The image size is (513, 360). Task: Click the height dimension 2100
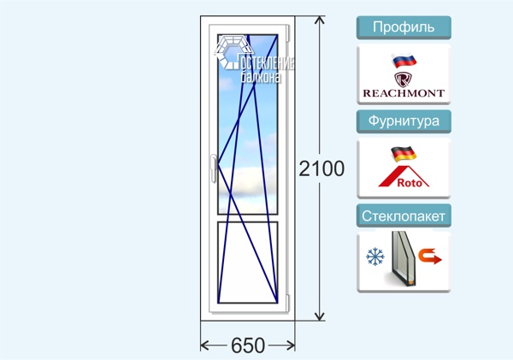[321, 168]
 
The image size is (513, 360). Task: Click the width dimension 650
[248, 345]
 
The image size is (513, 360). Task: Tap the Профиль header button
[404, 27]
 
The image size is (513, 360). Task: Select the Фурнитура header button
[404, 121]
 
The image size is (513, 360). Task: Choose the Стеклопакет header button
[404, 215]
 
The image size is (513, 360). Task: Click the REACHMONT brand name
[404, 93]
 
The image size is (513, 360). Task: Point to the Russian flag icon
[404, 61]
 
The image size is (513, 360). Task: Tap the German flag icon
[404, 154]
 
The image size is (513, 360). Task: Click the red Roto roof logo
[404, 177]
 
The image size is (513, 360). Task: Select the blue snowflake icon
[375, 257]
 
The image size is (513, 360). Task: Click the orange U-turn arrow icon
[430, 257]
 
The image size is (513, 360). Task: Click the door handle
[214, 168]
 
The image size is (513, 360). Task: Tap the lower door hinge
[288, 303]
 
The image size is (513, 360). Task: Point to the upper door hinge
[288, 33]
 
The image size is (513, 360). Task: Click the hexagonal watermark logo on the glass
[233, 52]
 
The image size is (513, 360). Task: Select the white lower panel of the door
[248, 263]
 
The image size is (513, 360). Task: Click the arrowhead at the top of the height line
[319, 20]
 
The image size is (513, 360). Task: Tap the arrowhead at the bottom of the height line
[319, 316]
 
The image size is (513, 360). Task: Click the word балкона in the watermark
[261, 77]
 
